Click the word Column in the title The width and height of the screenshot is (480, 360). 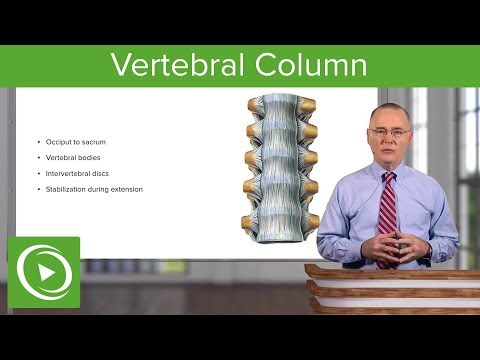(x=310, y=66)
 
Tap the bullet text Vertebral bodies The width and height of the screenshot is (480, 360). (x=73, y=158)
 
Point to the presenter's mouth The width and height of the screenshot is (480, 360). (x=388, y=151)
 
